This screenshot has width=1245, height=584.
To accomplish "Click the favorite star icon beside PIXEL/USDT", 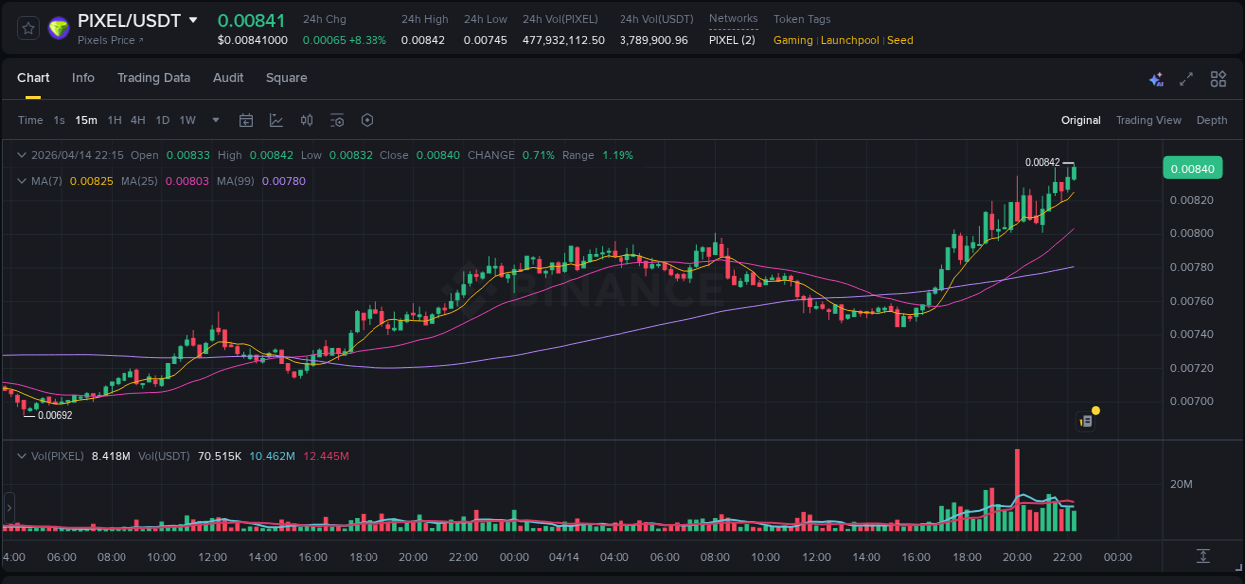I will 28,28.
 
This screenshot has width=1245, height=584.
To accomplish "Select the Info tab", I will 83,78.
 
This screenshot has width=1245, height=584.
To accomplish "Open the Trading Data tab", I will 153,78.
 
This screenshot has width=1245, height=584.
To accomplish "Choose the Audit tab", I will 228,78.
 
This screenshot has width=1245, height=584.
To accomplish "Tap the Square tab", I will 286,78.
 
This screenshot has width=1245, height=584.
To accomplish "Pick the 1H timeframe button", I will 115,120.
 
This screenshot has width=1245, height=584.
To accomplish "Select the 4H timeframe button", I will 138,120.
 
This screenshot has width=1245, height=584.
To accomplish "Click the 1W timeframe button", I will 187,120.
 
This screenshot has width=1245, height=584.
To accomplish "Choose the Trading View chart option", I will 1148,120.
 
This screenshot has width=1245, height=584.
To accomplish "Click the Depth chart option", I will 1212,120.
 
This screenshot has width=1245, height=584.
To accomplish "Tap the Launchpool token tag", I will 850,40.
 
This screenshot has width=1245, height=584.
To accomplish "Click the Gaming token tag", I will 793,40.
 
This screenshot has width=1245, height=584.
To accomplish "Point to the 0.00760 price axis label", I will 1191,300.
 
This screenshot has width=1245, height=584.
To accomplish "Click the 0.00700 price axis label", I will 1191,401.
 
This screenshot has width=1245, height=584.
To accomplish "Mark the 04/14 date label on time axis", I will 564,557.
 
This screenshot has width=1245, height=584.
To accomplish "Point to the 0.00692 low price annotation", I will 55,415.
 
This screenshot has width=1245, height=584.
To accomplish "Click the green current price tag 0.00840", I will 1192,169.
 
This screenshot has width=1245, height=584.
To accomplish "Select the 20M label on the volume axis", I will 1181,484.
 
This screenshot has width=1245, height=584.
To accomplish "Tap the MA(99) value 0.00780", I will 290,181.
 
